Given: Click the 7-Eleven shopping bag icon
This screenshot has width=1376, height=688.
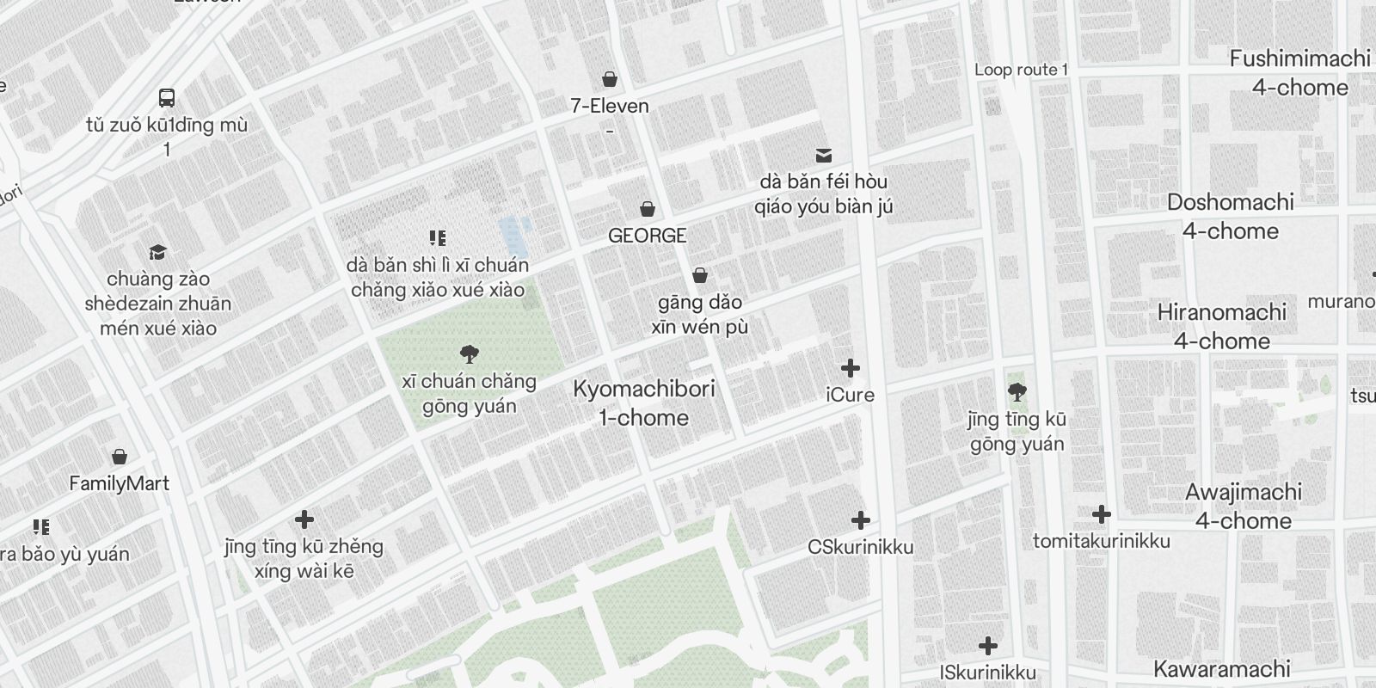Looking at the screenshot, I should pyautogui.click(x=610, y=80).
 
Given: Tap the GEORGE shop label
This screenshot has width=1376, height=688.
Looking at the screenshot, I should pyautogui.click(x=647, y=235).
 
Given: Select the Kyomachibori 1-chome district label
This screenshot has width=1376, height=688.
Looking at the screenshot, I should pyautogui.click(x=643, y=403).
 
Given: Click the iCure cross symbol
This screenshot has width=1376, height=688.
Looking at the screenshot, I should pyautogui.click(x=850, y=368).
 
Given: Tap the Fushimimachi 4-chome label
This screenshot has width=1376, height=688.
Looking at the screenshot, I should pyautogui.click(x=1299, y=73).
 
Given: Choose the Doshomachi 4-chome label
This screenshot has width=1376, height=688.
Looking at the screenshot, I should pyautogui.click(x=1230, y=217).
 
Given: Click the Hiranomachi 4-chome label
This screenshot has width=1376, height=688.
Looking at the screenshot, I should pyautogui.click(x=1221, y=327).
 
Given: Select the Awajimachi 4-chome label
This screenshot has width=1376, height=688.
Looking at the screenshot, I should pyautogui.click(x=1243, y=507).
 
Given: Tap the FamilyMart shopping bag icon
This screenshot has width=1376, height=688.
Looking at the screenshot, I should pyautogui.click(x=120, y=456).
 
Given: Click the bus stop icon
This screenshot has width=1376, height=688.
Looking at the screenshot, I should pyautogui.click(x=167, y=98).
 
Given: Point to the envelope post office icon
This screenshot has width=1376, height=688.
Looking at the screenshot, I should pyautogui.click(x=823, y=155).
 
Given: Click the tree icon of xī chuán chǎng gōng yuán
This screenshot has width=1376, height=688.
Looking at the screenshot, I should pyautogui.click(x=469, y=353).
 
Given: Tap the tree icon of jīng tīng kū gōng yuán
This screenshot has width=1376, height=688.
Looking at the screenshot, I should pyautogui.click(x=1017, y=393).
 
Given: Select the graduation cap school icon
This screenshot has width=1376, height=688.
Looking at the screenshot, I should pyautogui.click(x=157, y=252).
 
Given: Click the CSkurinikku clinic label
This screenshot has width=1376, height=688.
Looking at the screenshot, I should pyautogui.click(x=860, y=547).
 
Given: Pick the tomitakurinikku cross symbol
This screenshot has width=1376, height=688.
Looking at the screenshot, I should pyautogui.click(x=1101, y=514).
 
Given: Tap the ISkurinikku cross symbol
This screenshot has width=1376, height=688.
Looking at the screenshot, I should pyautogui.click(x=988, y=645).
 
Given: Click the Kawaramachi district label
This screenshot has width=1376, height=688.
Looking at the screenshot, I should pyautogui.click(x=1221, y=669).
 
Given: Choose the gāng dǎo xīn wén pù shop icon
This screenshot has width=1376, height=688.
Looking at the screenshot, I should pyautogui.click(x=700, y=275).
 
